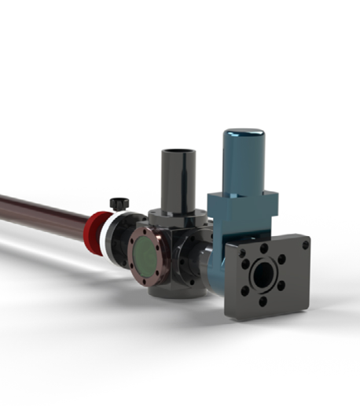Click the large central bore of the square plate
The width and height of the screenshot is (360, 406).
tap(264, 275)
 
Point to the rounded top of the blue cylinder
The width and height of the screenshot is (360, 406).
tap(243, 135)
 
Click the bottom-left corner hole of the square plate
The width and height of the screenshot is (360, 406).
tap(233, 311)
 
